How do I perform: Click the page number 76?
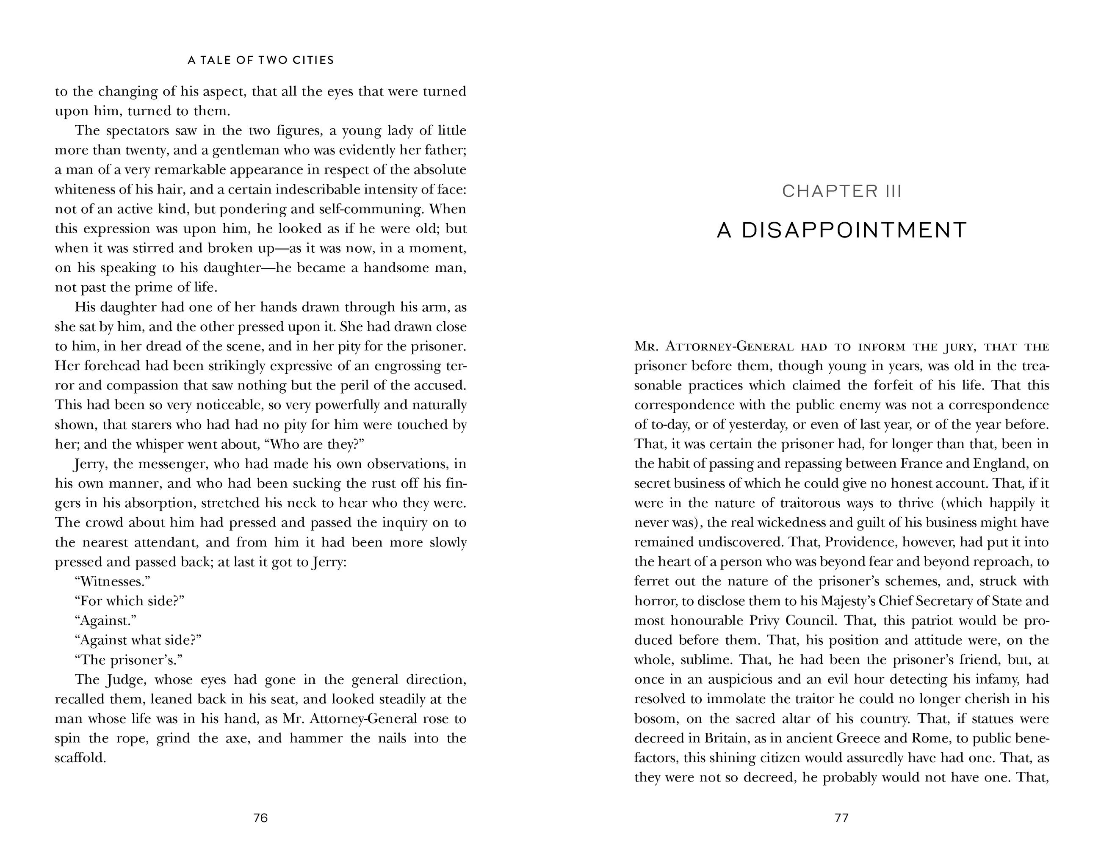click(x=260, y=818)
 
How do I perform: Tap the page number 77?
click(x=841, y=818)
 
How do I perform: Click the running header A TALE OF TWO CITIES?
click(x=260, y=61)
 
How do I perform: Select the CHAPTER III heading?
click(x=841, y=191)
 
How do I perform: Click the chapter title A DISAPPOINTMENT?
click(x=841, y=230)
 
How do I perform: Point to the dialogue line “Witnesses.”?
click(x=112, y=581)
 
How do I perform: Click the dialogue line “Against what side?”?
click(x=138, y=640)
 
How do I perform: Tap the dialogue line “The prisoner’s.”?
click(x=128, y=660)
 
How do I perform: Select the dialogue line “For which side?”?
click(x=129, y=601)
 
